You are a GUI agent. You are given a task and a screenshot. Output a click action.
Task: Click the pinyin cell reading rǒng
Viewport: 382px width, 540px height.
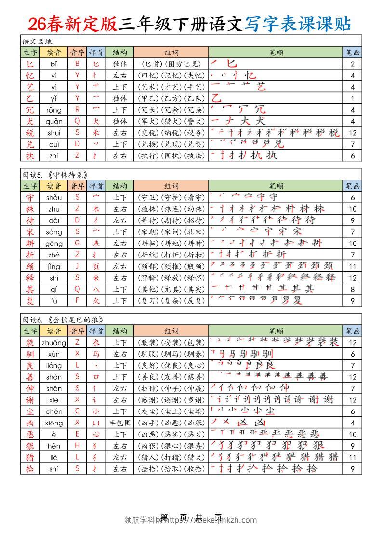(54, 110)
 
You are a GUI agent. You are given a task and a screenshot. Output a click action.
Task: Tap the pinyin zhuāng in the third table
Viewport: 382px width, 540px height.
(54, 343)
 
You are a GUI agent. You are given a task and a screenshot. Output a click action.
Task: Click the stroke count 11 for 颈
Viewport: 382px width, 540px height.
(353, 267)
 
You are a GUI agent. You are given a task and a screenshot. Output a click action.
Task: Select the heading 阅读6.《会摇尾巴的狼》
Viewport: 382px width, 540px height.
(63, 320)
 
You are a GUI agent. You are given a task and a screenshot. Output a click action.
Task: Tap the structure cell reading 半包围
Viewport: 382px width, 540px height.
(119, 423)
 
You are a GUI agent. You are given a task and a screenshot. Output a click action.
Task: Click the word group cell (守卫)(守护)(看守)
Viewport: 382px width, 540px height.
(171, 197)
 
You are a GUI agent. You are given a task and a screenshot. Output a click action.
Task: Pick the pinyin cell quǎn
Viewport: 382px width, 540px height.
(54, 121)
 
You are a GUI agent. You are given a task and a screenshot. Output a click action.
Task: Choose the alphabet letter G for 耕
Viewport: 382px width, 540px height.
(77, 244)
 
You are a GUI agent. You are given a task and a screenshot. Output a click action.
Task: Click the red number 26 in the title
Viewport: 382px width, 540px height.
(38, 23)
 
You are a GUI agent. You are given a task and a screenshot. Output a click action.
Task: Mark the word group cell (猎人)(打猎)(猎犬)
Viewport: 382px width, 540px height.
(171, 457)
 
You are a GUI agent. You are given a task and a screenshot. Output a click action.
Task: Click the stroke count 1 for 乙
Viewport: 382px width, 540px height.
(353, 98)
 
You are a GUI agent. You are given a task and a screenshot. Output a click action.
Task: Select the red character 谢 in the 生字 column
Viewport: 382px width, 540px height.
(30, 400)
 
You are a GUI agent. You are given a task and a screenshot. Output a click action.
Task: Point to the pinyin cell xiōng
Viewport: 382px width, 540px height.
(54, 423)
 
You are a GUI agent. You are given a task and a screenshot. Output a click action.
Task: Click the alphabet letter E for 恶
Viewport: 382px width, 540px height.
(77, 435)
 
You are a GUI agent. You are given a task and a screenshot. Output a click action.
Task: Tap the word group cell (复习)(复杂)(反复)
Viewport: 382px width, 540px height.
(171, 301)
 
